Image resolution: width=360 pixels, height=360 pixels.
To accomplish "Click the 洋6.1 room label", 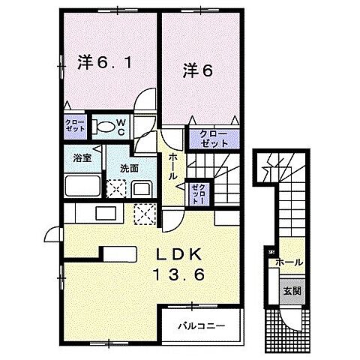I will (x=105, y=64).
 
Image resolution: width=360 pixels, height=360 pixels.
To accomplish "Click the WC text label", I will (x=126, y=126).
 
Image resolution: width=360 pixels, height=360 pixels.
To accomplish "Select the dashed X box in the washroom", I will (x=116, y=187).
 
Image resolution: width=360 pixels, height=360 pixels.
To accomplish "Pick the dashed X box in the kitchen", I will (x=143, y=214).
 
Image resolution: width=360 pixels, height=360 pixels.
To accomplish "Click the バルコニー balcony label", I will (x=201, y=326).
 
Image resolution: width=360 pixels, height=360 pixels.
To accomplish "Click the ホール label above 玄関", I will (x=289, y=262).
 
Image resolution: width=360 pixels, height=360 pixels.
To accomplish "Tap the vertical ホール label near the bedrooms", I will (x=172, y=166).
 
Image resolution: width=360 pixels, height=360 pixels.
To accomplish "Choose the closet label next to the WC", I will (x=74, y=125).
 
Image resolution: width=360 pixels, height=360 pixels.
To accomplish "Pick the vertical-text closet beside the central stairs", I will (x=198, y=193).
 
